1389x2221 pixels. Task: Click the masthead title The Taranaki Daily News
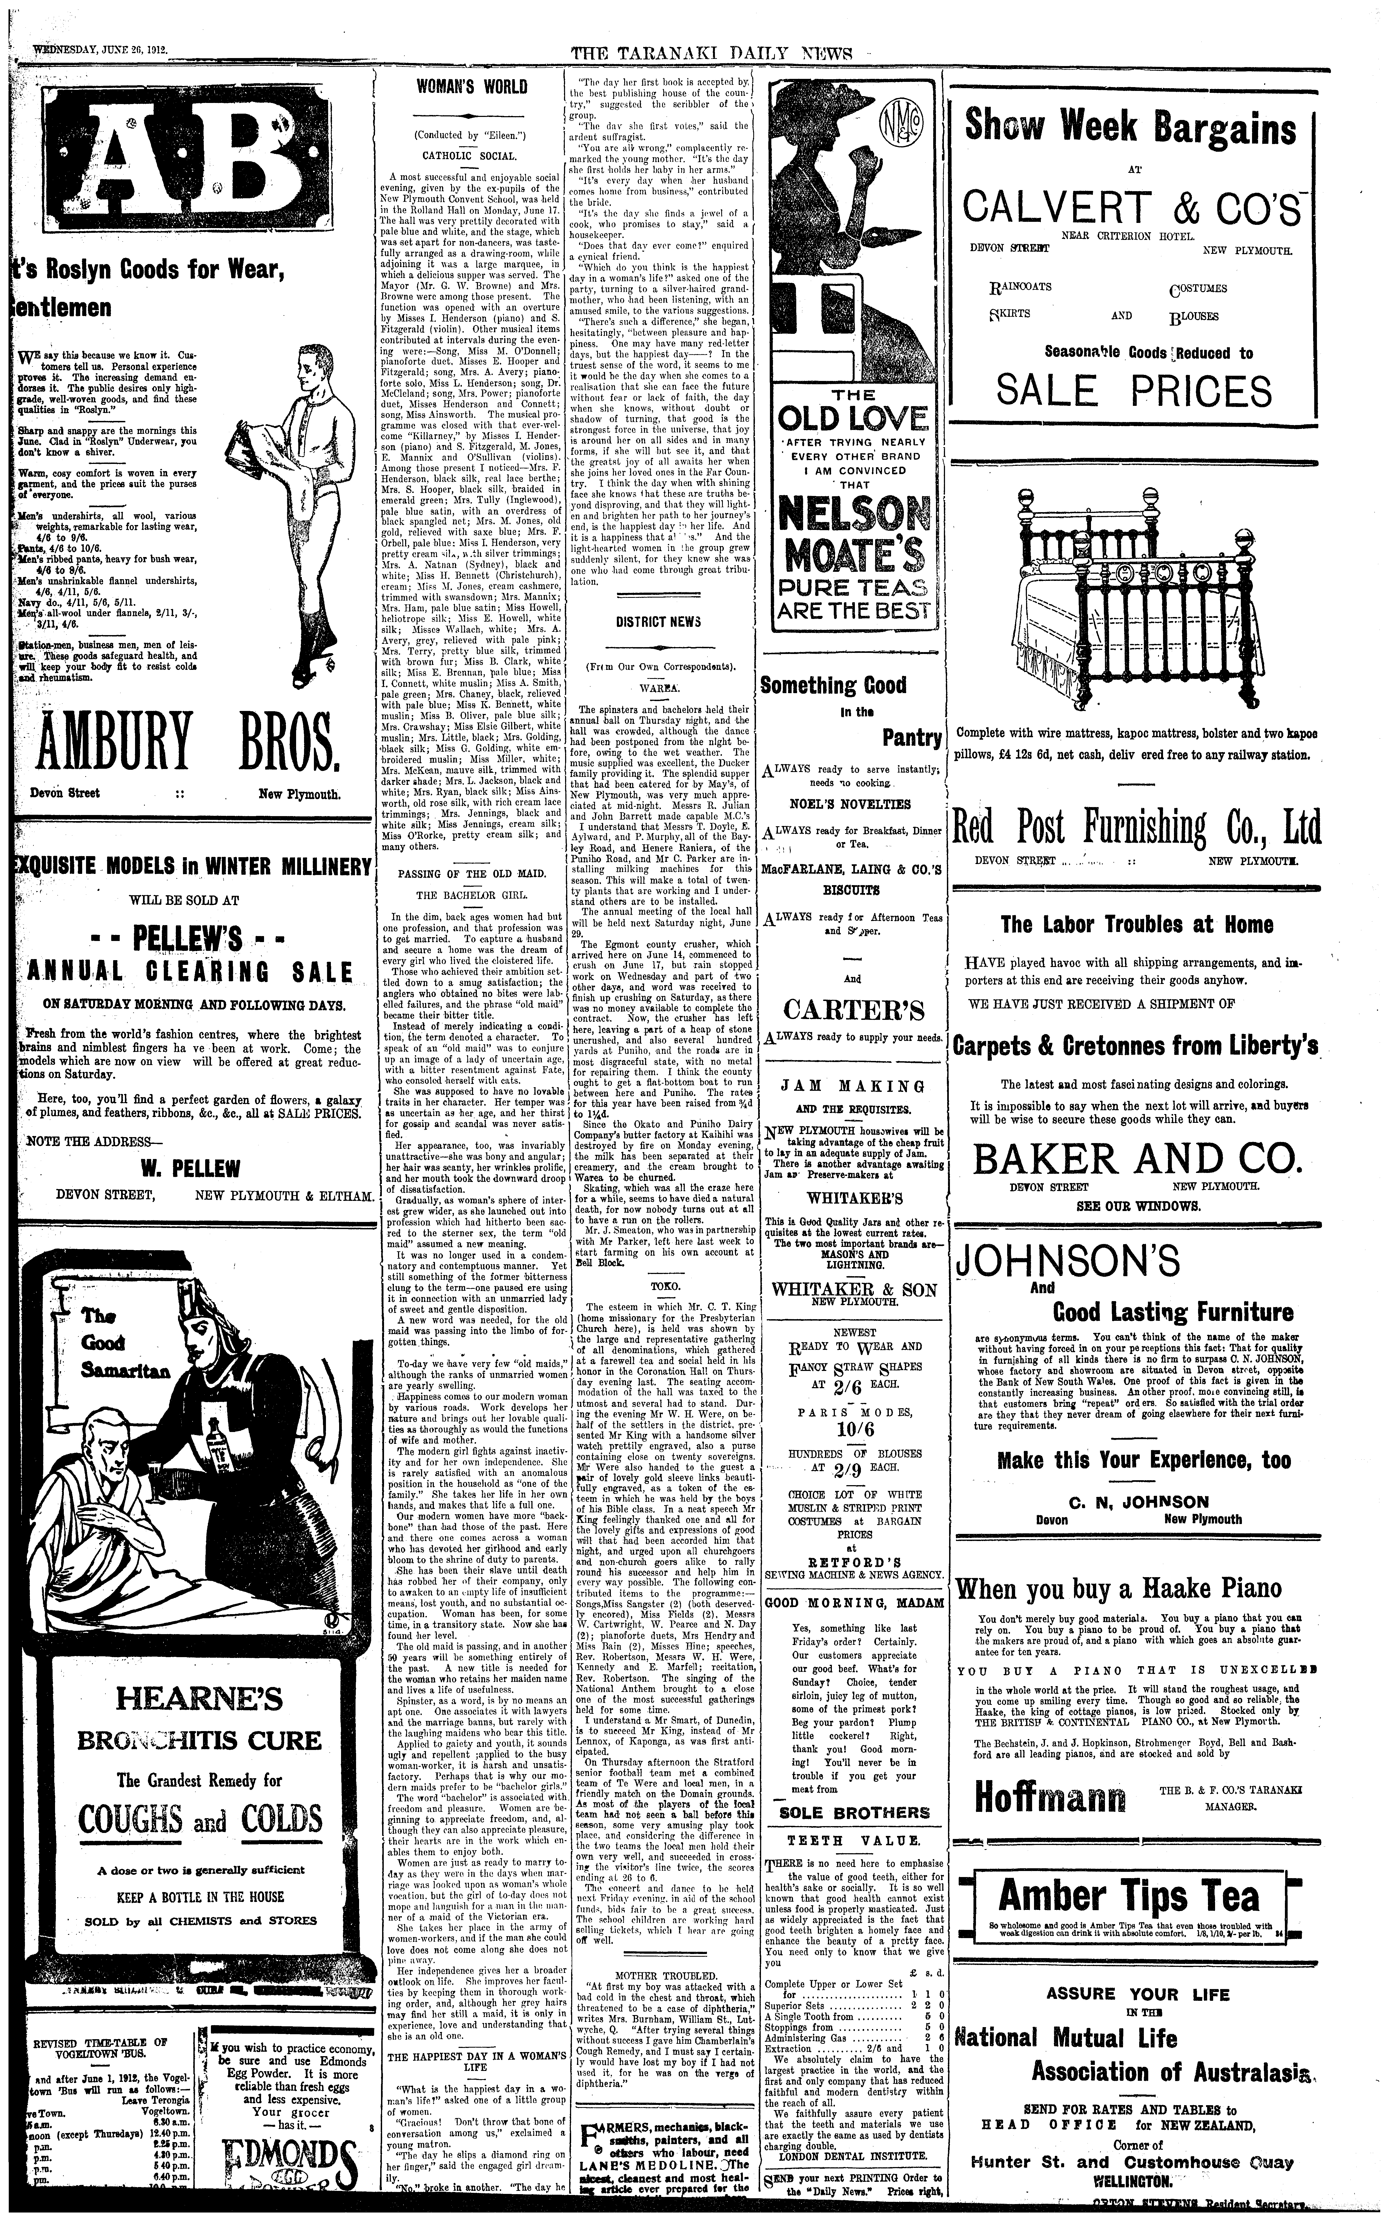[x=712, y=54]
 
